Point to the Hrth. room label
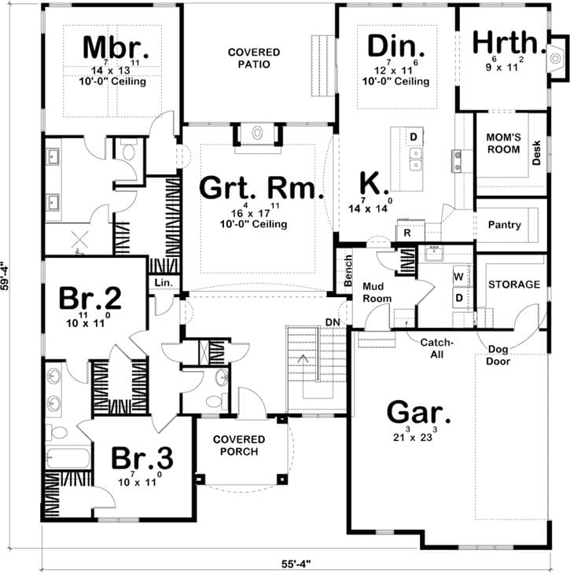[507, 42]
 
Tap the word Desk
[537, 152]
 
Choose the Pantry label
[504, 225]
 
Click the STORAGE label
[513, 284]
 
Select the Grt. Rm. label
[250, 188]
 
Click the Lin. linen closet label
[164, 281]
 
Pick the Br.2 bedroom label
[90, 299]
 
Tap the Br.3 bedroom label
[141, 458]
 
